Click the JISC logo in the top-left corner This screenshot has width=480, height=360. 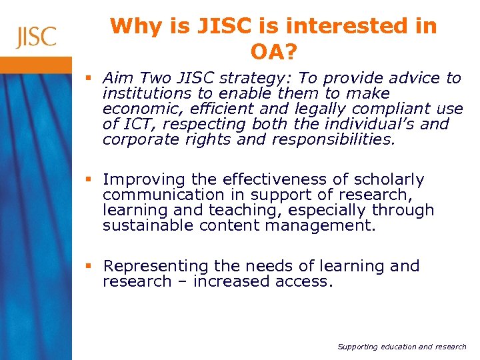pyautogui.click(x=36, y=36)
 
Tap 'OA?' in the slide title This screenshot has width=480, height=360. pyautogui.click(x=273, y=51)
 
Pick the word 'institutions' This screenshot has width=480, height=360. pyautogui.click(x=142, y=94)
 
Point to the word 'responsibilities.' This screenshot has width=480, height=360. pyautogui.click(x=328, y=140)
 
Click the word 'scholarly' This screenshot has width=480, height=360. pyautogui.click(x=391, y=180)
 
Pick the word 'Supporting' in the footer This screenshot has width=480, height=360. pyautogui.click(x=357, y=347)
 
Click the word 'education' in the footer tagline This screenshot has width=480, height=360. pyautogui.click(x=399, y=347)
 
